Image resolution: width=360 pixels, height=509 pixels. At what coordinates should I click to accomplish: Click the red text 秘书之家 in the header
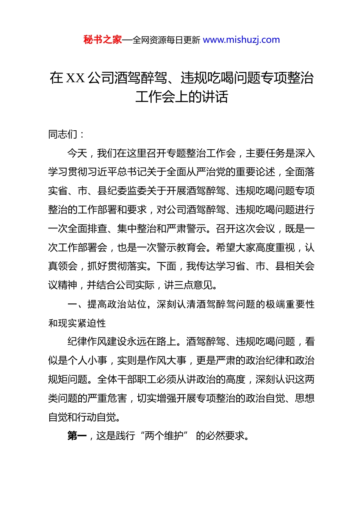[x=103, y=40]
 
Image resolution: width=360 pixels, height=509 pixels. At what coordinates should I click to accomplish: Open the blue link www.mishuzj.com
[x=241, y=40]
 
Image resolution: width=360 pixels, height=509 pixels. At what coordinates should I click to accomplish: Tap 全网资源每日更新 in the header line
[x=166, y=40]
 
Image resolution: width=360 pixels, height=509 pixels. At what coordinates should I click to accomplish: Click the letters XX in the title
[x=75, y=78]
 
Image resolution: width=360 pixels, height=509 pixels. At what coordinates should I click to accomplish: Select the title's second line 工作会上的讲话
[x=182, y=97]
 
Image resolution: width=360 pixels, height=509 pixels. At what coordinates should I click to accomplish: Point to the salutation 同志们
[x=63, y=134]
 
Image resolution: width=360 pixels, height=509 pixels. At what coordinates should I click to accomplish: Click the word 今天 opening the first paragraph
[x=77, y=153]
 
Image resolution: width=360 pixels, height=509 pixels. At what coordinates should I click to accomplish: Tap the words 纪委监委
[x=127, y=191]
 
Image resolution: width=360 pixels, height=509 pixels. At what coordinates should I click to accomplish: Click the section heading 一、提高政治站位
[x=107, y=304]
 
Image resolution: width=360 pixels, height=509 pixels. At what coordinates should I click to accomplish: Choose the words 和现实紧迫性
[x=77, y=323]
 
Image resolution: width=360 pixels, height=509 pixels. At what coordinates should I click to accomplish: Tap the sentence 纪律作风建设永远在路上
[x=122, y=342]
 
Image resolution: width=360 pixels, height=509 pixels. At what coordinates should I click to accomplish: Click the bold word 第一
[x=77, y=436]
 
